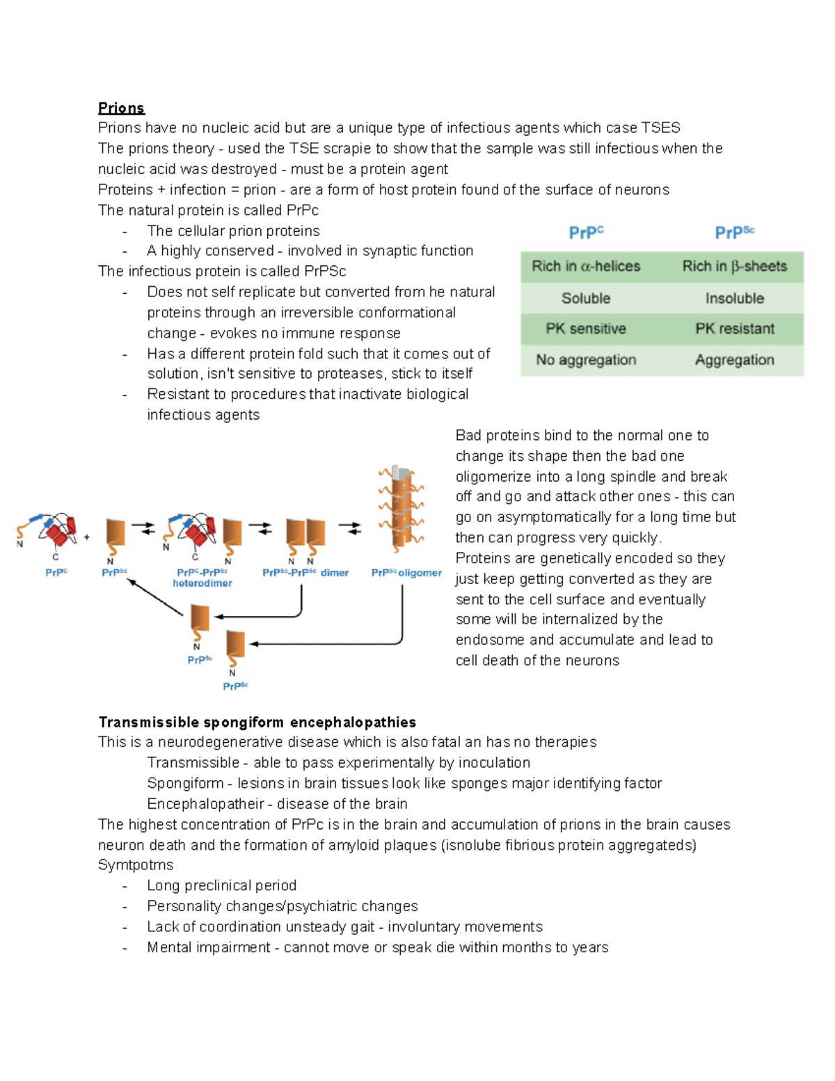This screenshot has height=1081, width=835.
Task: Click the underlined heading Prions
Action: coord(121,108)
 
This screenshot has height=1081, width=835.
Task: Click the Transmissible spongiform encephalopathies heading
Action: coord(257,722)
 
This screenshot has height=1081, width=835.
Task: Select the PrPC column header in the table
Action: coord(586,232)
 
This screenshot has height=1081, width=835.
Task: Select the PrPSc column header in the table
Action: coord(734,232)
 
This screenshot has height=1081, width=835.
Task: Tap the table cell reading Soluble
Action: coord(586,298)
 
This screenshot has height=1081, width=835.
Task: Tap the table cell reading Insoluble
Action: coord(734,298)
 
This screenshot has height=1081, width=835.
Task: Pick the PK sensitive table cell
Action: coord(586,329)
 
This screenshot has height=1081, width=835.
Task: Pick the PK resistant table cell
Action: coord(734,329)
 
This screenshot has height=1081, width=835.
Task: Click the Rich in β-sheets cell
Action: coord(734,266)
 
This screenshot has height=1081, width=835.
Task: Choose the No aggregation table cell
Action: coord(586,360)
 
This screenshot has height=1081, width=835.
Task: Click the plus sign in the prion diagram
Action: coord(87,537)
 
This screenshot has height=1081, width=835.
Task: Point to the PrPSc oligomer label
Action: coord(406,573)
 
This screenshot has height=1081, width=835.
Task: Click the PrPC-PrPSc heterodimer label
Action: coord(202,578)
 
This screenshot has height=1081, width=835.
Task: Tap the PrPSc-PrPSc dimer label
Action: coord(305,573)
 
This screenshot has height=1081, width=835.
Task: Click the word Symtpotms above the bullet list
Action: coord(136,865)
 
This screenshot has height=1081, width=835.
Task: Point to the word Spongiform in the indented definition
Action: coord(185,783)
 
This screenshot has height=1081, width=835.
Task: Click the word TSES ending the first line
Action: coord(660,128)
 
